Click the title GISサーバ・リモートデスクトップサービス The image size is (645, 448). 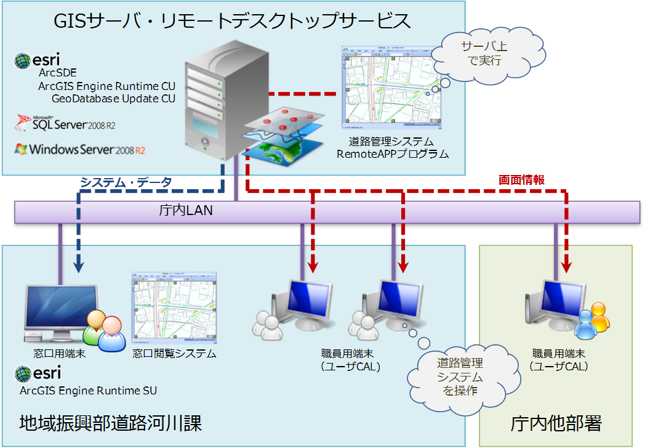pos(233,21)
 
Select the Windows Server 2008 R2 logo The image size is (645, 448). pos(80,149)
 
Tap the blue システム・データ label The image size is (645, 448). pos(126,182)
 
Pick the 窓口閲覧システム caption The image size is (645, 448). pos(174,354)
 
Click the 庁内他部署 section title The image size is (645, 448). pos(556,423)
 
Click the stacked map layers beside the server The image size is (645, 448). pos(284,136)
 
